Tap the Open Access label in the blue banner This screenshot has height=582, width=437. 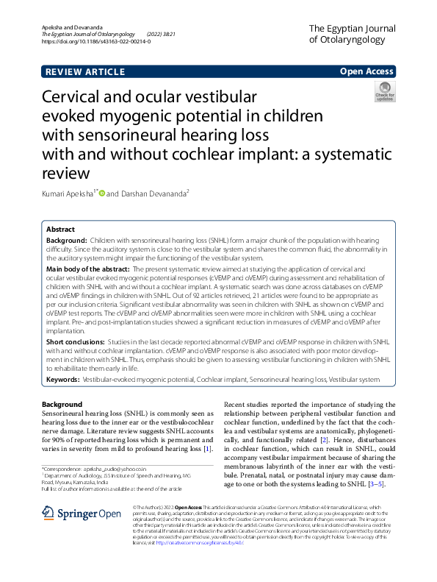click(x=367, y=72)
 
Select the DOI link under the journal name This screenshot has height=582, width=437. click(x=95, y=42)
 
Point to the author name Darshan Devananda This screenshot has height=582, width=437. click(x=153, y=194)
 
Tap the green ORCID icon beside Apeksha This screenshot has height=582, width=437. click(x=101, y=194)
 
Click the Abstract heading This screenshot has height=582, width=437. click(x=61, y=230)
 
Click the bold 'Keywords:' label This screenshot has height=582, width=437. click(x=63, y=379)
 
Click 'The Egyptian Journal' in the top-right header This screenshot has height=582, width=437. click(x=355, y=28)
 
